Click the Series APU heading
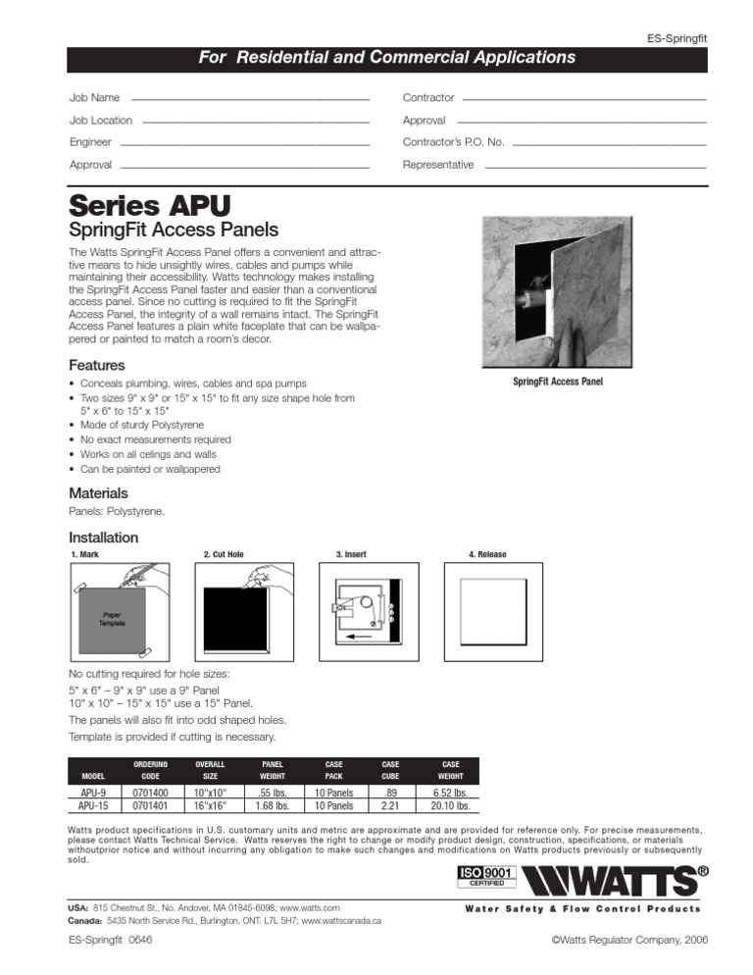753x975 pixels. pos(149,207)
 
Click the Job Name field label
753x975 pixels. pos(94,98)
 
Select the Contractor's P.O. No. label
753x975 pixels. pos(453,142)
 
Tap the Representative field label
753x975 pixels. pos(437,165)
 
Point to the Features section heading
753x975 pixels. pos(96,366)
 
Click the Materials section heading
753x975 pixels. pos(98,493)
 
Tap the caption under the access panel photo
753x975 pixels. pos(558,382)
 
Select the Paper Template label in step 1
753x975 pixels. pos(110,620)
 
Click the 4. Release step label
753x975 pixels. pos(487,555)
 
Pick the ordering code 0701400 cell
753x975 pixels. pos(150,792)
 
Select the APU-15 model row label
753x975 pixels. pos(93,806)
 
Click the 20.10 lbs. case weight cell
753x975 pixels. pos(449,806)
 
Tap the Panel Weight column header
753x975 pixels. pos(272,769)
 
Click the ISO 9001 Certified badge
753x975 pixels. pos(487,876)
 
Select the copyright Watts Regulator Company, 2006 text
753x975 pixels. pos(629,940)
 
